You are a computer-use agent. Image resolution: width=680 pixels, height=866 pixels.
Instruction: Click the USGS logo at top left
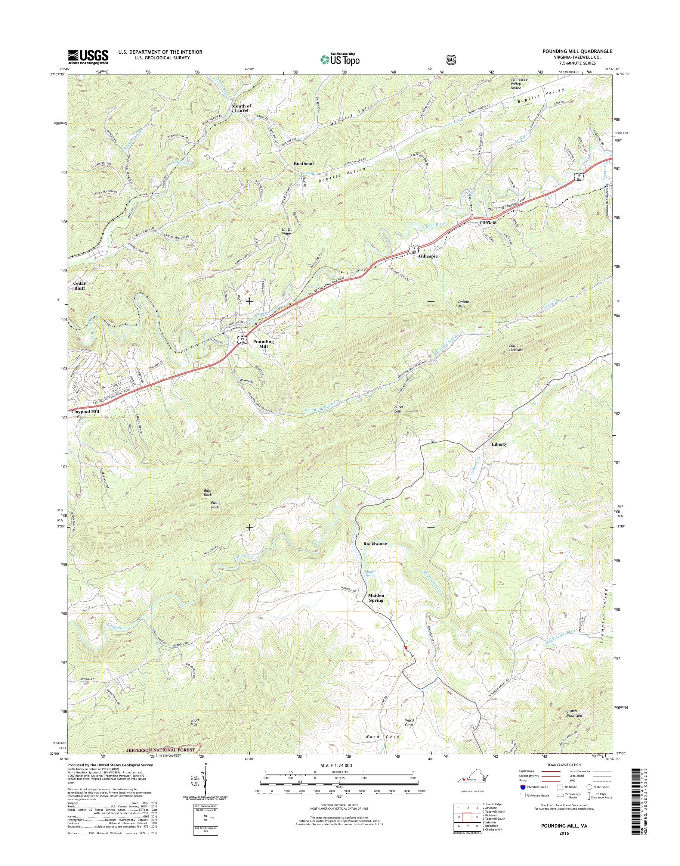[89, 57]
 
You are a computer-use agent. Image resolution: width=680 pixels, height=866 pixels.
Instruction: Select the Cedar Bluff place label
[79, 286]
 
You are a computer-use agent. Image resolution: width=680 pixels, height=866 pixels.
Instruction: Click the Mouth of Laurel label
[242, 108]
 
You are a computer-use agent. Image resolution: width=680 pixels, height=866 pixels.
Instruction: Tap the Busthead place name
[304, 163]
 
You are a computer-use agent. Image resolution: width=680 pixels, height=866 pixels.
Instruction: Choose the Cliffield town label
[488, 223]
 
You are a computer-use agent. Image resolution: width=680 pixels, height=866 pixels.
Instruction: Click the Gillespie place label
[428, 256]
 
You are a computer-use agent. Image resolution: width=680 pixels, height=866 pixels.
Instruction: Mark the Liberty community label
[499, 444]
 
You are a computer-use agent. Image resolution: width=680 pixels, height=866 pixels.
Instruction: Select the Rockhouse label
[375, 543]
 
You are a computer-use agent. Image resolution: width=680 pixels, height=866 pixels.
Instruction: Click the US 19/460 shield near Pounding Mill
[242, 339]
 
